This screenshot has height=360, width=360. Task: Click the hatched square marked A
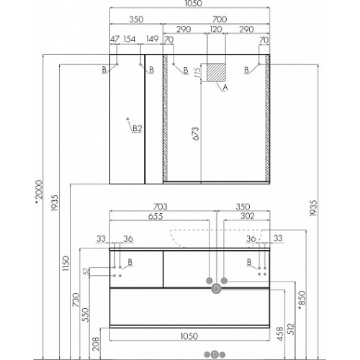click(x=216, y=73)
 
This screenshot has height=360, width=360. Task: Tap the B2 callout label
click(x=138, y=129)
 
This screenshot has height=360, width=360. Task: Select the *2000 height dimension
click(x=38, y=193)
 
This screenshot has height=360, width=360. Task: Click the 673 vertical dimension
click(x=196, y=134)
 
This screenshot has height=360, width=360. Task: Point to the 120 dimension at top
click(x=216, y=30)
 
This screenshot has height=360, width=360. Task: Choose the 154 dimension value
click(x=130, y=39)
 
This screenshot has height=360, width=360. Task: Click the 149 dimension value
click(x=153, y=39)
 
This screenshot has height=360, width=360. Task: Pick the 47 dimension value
click(x=114, y=39)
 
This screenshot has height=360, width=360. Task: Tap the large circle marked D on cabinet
click(x=217, y=289)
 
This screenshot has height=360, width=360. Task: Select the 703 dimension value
click(x=160, y=207)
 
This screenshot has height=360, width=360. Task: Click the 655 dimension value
click(x=156, y=216)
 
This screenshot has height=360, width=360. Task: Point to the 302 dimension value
click(x=248, y=216)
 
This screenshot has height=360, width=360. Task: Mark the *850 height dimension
click(x=302, y=300)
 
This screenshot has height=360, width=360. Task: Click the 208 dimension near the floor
click(x=96, y=343)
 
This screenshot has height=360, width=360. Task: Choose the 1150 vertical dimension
click(x=66, y=264)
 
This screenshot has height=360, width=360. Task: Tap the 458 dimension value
click(x=280, y=334)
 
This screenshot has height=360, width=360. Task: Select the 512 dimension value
click(x=290, y=329)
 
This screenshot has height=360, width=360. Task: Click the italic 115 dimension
click(x=197, y=73)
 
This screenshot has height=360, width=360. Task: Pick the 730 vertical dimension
click(x=76, y=300)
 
